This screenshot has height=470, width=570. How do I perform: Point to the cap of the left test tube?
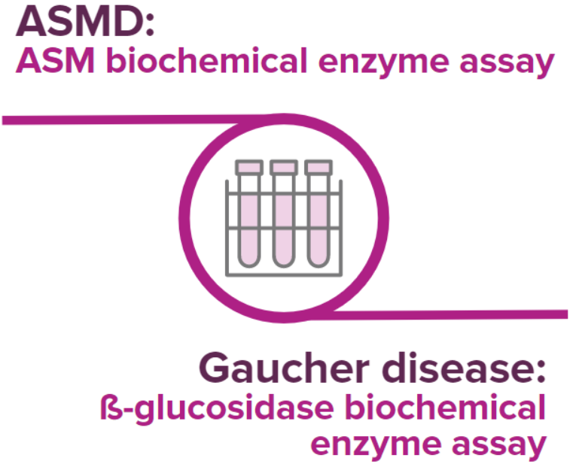pos(249,166)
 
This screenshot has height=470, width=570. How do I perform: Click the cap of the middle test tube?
pos(283,166)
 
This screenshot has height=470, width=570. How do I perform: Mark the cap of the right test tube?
pos(318,166)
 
